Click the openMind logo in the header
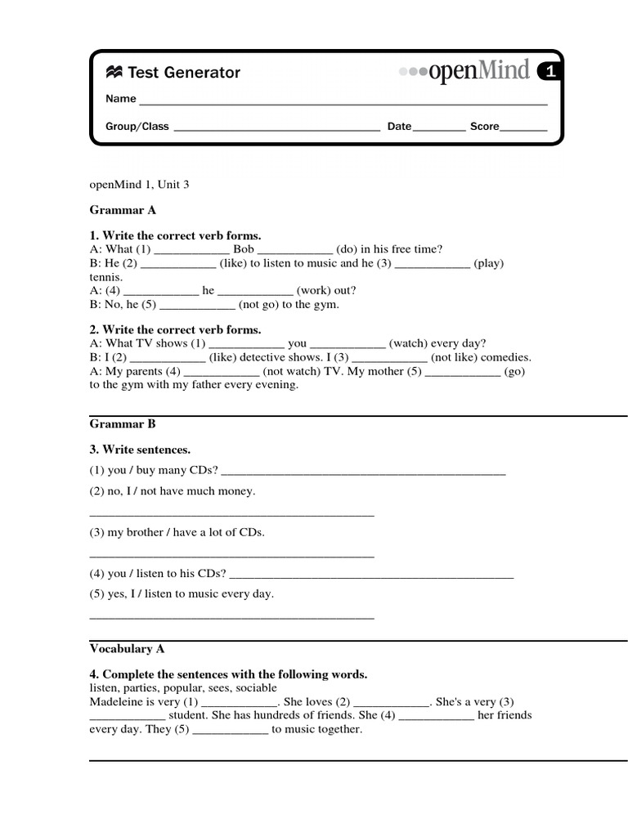tap(464, 72)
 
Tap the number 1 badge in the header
tap(551, 72)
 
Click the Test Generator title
tap(173, 73)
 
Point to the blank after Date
tap(439, 128)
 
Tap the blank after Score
tap(523, 128)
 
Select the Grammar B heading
tap(123, 424)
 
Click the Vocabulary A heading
tap(127, 649)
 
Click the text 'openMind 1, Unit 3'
tap(139, 185)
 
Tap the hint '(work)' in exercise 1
tap(315, 291)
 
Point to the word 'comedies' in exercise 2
tap(506, 358)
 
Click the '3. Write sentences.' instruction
tap(140, 450)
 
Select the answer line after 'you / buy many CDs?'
tap(363, 472)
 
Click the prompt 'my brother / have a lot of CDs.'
tap(177, 533)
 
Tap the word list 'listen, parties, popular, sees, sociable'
tap(183, 688)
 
